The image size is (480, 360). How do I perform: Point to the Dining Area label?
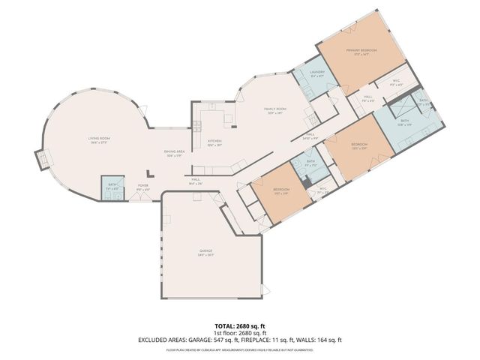click(175, 153)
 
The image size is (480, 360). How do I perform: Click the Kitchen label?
click(214, 143)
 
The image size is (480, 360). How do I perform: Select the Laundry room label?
click(316, 74)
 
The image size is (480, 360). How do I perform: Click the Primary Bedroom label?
click(361, 52)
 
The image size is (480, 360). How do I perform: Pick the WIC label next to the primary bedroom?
click(397, 82)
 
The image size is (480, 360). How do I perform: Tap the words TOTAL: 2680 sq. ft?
click(239, 325)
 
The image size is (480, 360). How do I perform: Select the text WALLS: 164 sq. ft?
click(334, 340)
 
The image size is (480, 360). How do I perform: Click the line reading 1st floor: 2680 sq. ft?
click(239, 333)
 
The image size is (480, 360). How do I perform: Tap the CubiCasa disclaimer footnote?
click(239, 349)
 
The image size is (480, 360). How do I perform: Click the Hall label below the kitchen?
click(195, 180)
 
